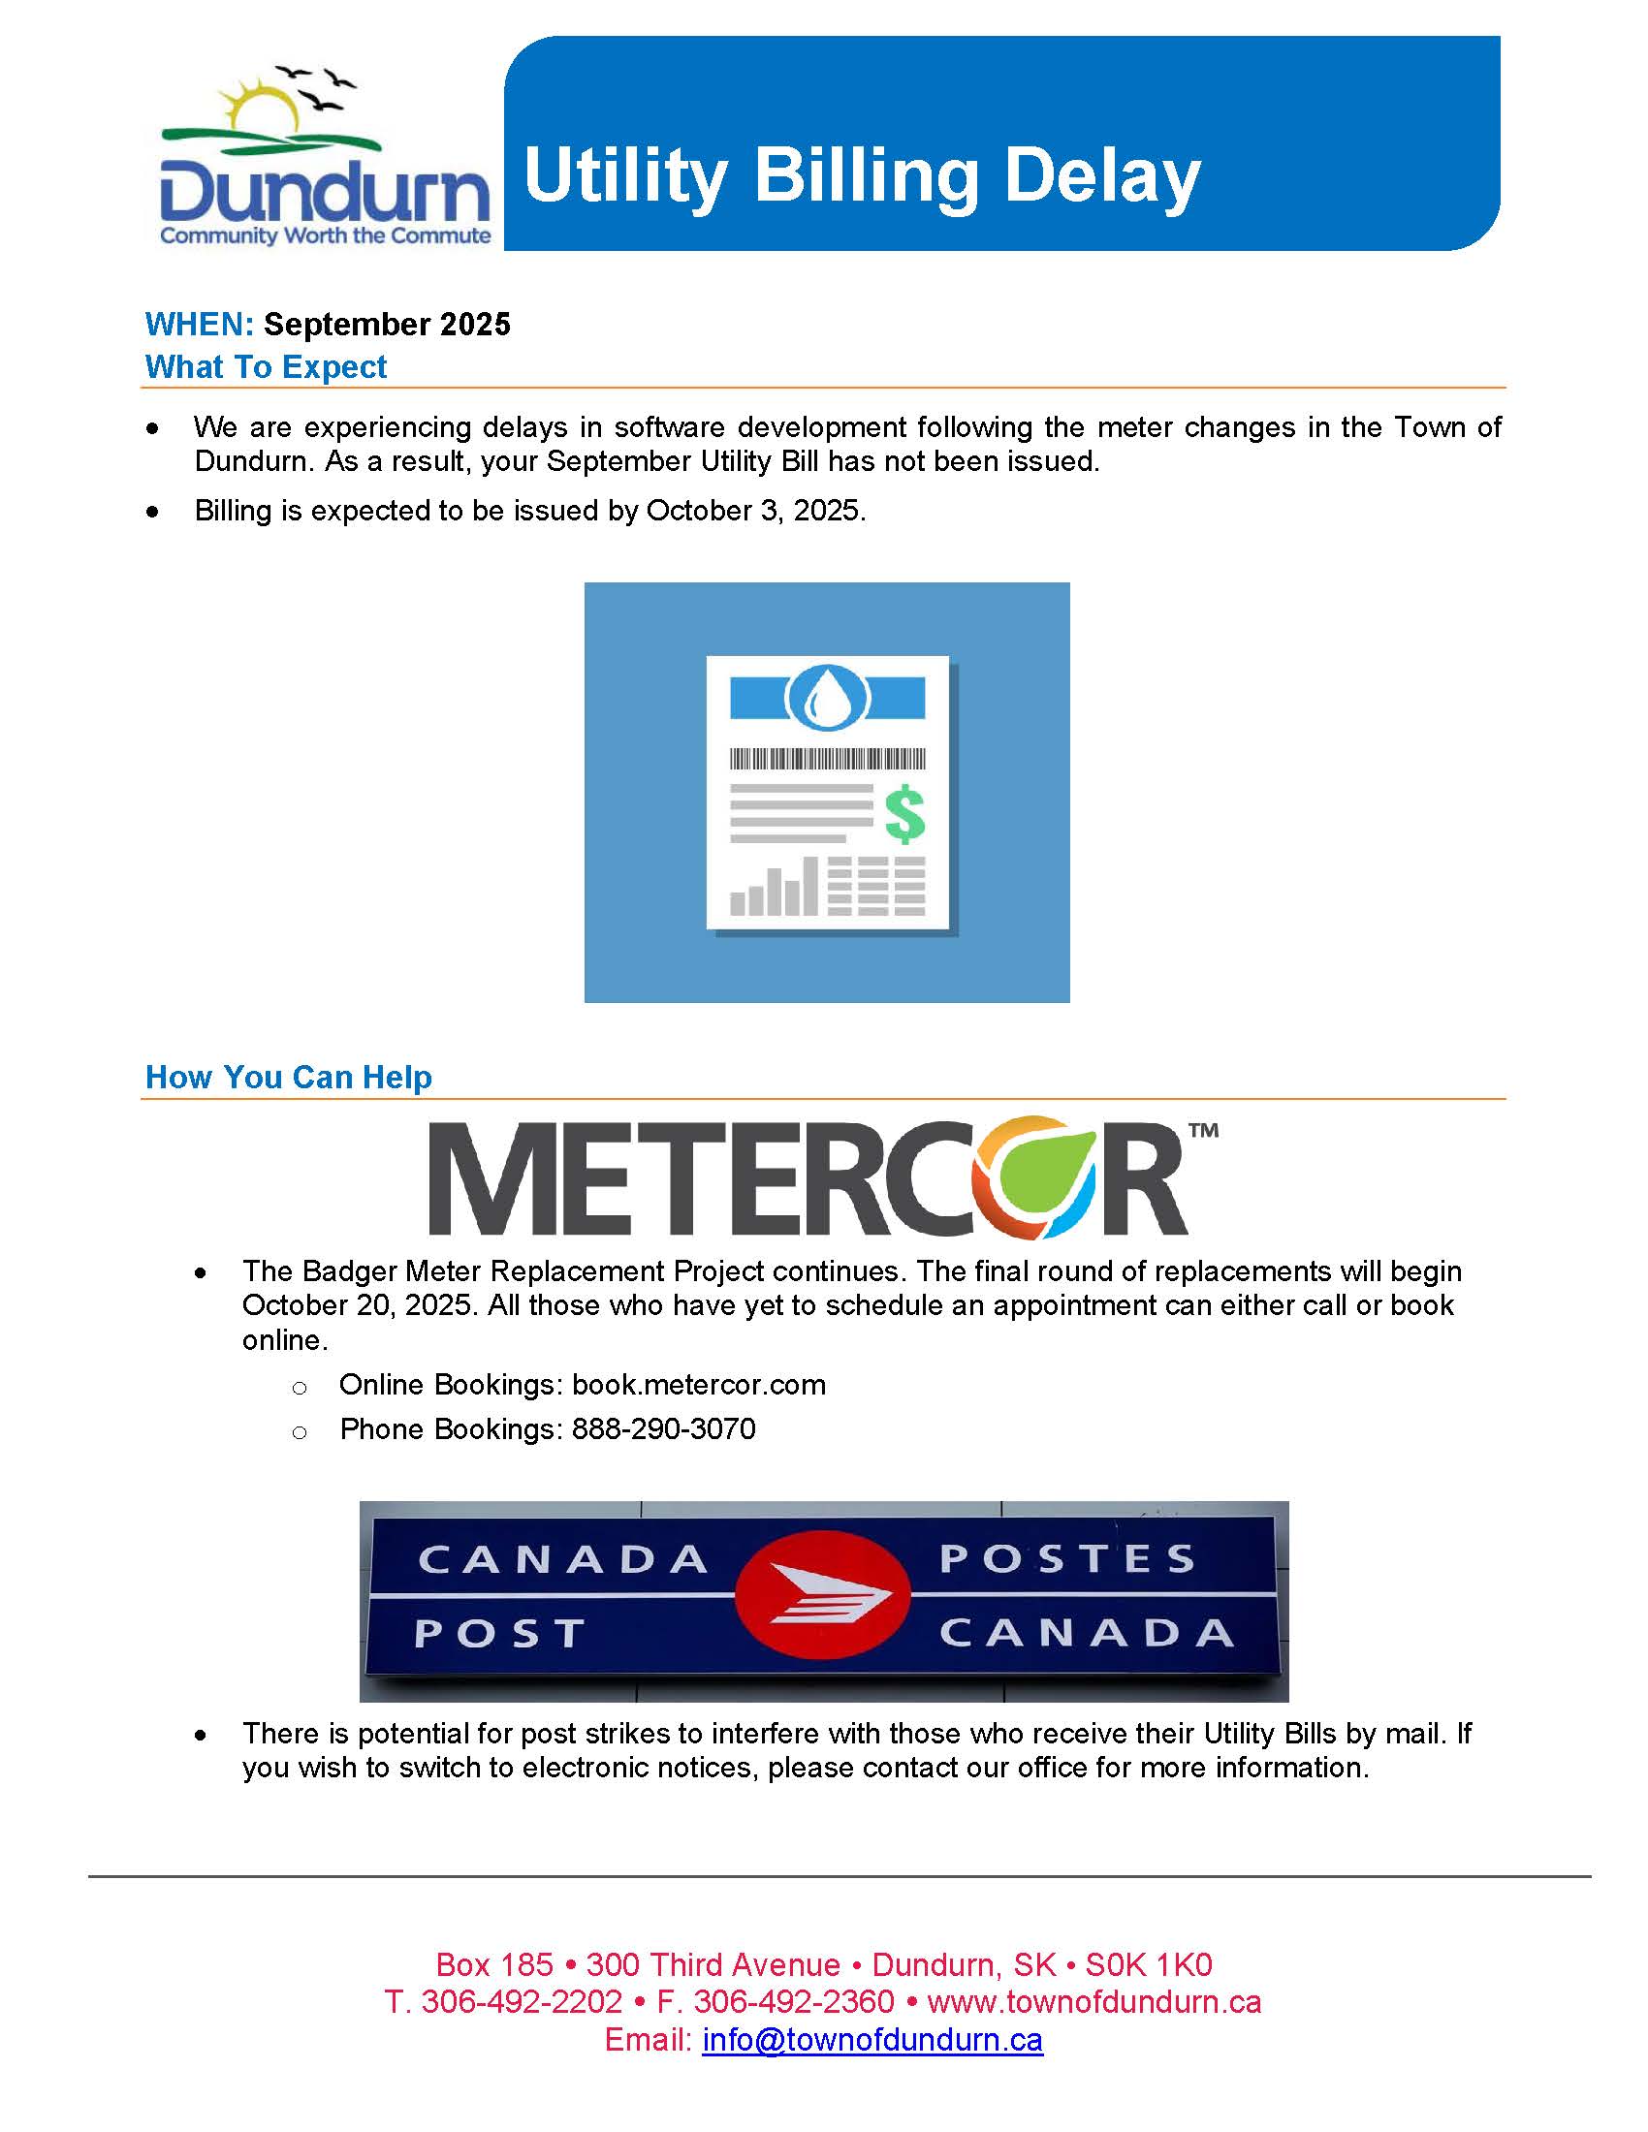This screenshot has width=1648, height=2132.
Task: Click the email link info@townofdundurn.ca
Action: [x=872, y=2039]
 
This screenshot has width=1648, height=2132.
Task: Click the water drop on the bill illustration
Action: [x=827, y=697]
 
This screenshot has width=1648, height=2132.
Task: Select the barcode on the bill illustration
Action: [x=827, y=759]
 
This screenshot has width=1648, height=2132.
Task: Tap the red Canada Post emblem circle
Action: [x=822, y=1595]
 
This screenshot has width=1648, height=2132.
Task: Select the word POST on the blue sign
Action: [x=499, y=1633]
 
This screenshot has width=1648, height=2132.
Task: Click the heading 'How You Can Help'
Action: [x=288, y=1077]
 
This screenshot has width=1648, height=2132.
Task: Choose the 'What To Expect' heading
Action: [x=266, y=367]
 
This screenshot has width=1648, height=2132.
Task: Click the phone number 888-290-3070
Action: [x=663, y=1429]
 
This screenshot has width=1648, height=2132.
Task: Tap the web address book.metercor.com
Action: [x=698, y=1384]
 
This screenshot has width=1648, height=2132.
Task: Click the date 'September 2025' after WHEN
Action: [x=387, y=324]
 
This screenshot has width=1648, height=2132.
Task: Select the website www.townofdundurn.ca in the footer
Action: [x=1093, y=2001]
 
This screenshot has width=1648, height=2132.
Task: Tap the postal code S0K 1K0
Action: [x=1148, y=1964]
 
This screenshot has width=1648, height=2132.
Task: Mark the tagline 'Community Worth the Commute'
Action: [x=325, y=235]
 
